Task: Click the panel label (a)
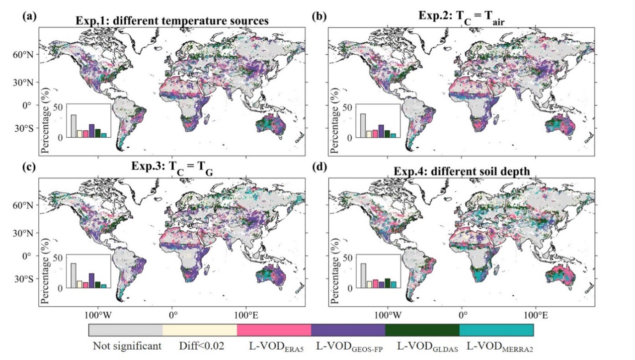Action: pyautogui.click(x=28, y=15)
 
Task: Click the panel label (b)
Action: pyautogui.click(x=318, y=15)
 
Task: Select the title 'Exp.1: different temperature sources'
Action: pyautogui.click(x=172, y=21)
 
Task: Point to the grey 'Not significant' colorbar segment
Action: pyautogui.click(x=126, y=330)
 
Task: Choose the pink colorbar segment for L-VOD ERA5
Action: pyautogui.click(x=274, y=330)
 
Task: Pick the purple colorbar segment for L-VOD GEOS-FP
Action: pyautogui.click(x=348, y=330)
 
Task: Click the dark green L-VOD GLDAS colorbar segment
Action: pyautogui.click(x=422, y=330)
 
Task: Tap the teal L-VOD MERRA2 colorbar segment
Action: pyautogui.click(x=496, y=330)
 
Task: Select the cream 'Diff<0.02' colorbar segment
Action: pyautogui.click(x=200, y=330)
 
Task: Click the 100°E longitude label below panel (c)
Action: pyautogui.click(x=246, y=315)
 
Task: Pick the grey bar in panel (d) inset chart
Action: pyautogui.click(x=363, y=275)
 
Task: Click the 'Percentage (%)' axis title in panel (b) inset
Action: pyautogui.click(x=333, y=121)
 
